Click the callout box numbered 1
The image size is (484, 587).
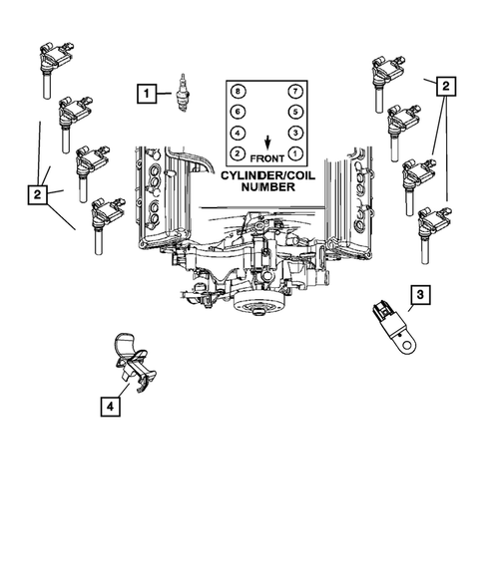[146, 95]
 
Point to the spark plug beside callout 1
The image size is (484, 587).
[183, 91]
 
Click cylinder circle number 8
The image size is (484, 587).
[237, 92]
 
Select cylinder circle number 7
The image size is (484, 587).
[295, 92]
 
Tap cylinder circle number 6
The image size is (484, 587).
[237, 113]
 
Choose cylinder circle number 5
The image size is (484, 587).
[295, 113]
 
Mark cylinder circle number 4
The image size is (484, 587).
[237, 133]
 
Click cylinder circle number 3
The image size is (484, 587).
[295, 133]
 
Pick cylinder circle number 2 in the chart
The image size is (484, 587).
[237, 153]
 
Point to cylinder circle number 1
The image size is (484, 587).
[295, 153]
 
